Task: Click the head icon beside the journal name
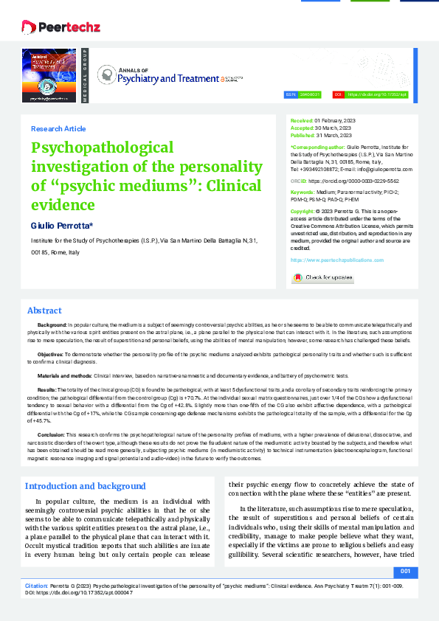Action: (x=108, y=74)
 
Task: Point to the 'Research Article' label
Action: (x=58, y=128)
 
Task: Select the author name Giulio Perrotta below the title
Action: (x=62, y=224)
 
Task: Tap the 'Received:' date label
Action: (x=302, y=119)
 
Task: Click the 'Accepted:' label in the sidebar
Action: (x=303, y=128)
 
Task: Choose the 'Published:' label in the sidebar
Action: (x=303, y=135)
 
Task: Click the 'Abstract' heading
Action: (x=44, y=310)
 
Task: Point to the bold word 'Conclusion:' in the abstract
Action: (x=51, y=436)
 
